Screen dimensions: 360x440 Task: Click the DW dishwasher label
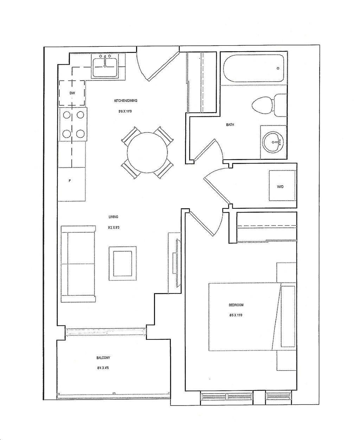(72, 93)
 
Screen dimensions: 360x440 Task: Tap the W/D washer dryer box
(282, 186)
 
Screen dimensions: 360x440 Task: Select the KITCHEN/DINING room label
(126, 101)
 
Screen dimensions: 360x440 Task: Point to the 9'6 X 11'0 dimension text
(125, 111)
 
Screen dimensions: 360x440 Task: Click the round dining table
(147, 152)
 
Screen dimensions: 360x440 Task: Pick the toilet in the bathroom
(269, 105)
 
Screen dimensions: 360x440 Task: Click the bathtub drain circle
(278, 68)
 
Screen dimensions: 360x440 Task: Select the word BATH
(230, 125)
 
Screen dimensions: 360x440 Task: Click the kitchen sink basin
(105, 67)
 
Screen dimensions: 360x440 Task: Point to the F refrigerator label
(70, 181)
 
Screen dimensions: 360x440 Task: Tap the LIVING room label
(113, 217)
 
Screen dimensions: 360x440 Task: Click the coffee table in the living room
(122, 263)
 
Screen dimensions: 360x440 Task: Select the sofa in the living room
(78, 264)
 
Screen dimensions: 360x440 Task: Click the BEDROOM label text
(236, 305)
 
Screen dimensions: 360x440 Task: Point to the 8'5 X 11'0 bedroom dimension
(236, 315)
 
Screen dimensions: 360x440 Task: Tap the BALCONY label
(103, 358)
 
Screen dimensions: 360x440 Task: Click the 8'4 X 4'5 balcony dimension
(103, 368)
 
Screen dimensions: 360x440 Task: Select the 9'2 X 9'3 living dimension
(114, 228)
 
